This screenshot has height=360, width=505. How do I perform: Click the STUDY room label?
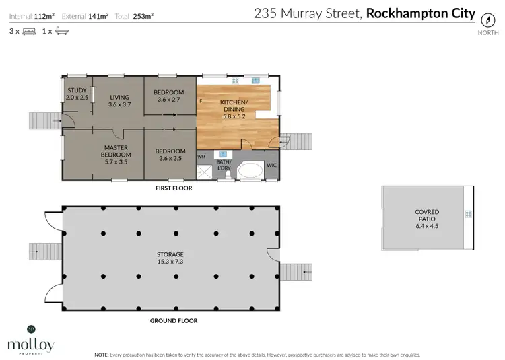tap(77, 94)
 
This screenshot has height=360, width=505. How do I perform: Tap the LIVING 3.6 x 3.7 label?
tap(119, 100)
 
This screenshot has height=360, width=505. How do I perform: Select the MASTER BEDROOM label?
tap(116, 154)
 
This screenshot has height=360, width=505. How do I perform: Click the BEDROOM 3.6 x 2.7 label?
tap(169, 96)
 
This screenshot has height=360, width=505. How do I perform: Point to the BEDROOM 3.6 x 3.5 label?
tap(170, 155)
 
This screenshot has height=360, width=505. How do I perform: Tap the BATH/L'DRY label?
tap(224, 166)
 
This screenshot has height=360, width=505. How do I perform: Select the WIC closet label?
tap(271, 164)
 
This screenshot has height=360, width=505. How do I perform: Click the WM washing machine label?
tap(201, 157)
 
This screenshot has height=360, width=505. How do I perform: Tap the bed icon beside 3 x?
tap(29, 31)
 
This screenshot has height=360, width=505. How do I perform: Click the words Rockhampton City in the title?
tap(420, 13)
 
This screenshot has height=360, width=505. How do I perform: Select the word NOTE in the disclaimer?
tap(102, 354)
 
